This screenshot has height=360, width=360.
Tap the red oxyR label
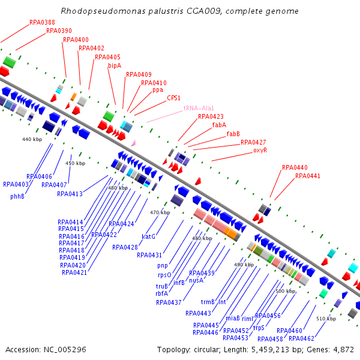coord(260,150)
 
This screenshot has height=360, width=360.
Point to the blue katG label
coord(148,236)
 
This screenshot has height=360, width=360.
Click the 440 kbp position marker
coord(32,139)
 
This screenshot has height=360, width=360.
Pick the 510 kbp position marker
coord(325,319)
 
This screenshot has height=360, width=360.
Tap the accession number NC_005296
coord(66,349)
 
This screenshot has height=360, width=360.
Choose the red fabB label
coord(233,134)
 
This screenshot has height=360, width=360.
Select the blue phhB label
coord(17,196)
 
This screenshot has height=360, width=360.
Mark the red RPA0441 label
coord(307,176)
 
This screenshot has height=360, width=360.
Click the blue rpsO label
coord(163,275)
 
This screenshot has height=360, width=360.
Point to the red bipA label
coord(114,65)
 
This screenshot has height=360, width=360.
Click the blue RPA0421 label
coord(74,272)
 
